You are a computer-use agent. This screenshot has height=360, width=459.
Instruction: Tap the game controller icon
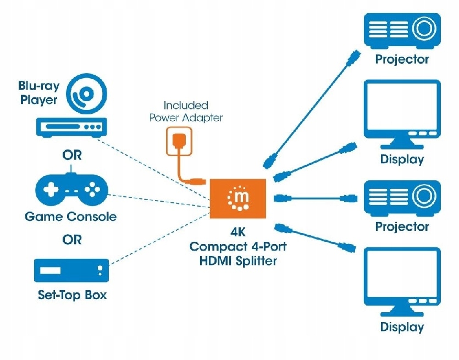pos(71,189)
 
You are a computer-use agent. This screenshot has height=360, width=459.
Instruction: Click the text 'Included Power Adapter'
pos(186,111)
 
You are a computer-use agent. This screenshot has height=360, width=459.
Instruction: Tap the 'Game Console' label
pos(71,217)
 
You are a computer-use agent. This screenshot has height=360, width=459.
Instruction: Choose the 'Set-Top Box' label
pos(72,295)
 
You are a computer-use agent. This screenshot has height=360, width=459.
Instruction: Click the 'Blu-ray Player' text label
pos(38,93)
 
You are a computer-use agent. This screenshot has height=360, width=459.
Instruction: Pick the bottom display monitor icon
pos(402,281)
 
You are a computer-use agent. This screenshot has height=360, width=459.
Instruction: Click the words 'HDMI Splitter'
pos(238,261)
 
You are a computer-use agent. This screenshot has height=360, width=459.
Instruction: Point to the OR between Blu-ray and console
pos(71,155)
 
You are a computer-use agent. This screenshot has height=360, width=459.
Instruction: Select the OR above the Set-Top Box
pos(71,240)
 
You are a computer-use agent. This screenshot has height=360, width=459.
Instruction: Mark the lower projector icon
pos(402,197)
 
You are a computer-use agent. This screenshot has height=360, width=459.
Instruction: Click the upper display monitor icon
pos(402,112)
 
